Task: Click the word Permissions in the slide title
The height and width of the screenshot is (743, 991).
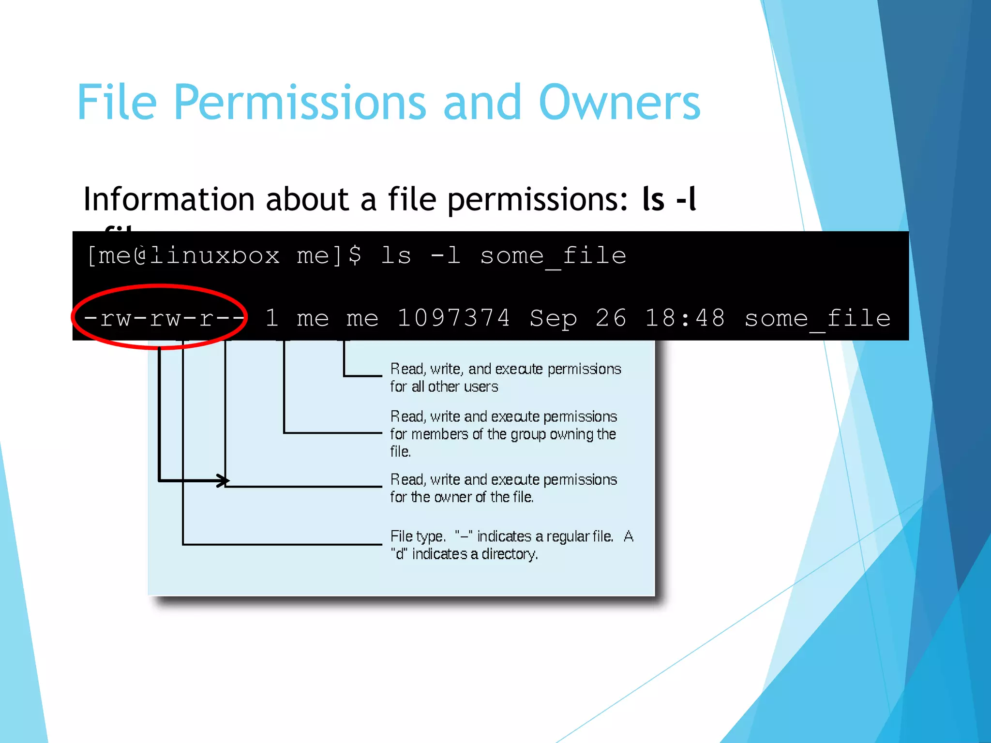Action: point(300,103)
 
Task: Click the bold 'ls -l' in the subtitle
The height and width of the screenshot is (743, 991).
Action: point(669,199)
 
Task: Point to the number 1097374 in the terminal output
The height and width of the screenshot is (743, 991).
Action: point(453,319)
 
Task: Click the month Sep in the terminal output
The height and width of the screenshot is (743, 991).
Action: point(553,319)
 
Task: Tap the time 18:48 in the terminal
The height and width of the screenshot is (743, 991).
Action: point(685,319)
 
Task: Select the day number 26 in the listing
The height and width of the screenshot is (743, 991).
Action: point(611,319)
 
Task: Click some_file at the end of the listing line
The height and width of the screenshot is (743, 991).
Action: point(817,319)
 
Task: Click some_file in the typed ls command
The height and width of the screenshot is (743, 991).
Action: point(553,256)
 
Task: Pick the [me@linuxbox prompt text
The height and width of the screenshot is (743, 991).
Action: point(183,256)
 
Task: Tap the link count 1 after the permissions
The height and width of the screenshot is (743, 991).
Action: point(271,319)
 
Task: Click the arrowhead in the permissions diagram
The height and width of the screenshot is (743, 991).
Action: point(223,481)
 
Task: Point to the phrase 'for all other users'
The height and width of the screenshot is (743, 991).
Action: point(444,387)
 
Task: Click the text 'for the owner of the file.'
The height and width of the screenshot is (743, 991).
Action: point(462,497)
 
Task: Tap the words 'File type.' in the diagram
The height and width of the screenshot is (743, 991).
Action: point(418,536)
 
